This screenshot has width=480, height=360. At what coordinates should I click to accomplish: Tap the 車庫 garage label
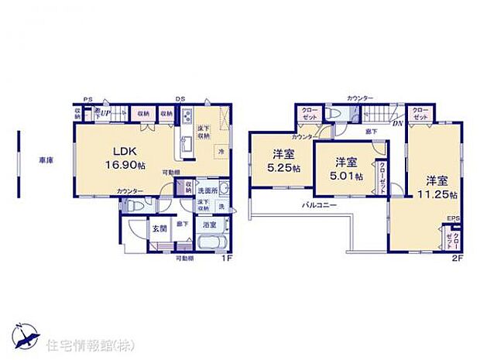(46, 160)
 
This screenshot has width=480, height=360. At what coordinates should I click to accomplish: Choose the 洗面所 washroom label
(207, 190)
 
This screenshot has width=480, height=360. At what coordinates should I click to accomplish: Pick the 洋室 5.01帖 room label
(346, 168)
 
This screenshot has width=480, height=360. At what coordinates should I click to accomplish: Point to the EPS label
(452, 219)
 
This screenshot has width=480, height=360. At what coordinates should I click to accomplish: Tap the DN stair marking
(396, 123)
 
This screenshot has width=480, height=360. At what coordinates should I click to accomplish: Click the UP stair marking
(105, 114)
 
